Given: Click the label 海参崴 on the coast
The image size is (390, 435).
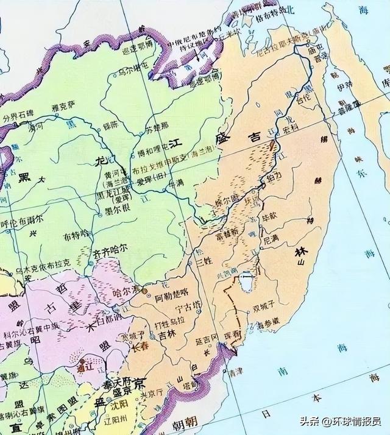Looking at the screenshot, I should pyautogui.click(x=268, y=320).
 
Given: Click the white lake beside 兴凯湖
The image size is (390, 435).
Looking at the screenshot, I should pyautogui.click(x=246, y=281).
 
